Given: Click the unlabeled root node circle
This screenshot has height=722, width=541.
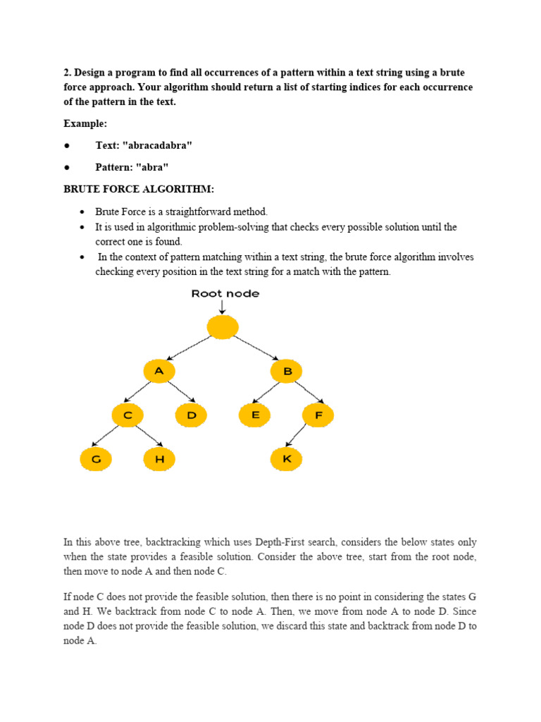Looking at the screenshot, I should click(223, 327).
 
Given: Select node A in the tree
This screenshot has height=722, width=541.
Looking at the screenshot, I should click(158, 372).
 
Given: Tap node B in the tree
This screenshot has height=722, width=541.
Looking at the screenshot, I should click(286, 372).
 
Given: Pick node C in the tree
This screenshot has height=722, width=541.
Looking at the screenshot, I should click(128, 416).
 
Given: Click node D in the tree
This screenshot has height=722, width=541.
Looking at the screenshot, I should click(191, 416).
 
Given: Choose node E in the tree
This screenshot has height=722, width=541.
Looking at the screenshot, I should click(254, 416).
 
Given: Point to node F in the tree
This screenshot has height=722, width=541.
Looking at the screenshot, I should click(318, 416).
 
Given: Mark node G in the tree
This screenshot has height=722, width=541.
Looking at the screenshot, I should click(96, 460).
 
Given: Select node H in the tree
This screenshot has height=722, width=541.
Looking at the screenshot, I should click(159, 460).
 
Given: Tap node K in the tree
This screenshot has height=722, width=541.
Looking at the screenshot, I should click(286, 460).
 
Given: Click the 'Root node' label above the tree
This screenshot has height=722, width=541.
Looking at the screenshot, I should click(225, 293).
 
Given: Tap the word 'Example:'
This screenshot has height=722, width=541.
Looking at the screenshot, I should click(85, 123).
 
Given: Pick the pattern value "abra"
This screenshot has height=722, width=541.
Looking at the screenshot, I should click(153, 167).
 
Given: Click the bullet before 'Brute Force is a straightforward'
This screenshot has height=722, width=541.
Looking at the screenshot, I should click(82, 212).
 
